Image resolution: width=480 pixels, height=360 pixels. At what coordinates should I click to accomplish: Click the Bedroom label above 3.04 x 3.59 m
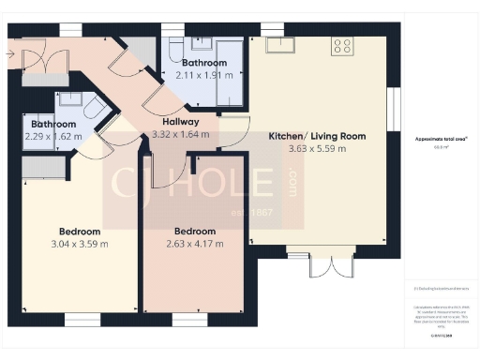pos(79,232)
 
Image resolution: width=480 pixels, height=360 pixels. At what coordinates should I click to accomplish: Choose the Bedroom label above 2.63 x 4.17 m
pos(194,231)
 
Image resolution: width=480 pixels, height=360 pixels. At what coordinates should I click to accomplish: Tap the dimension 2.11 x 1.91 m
pos(203,74)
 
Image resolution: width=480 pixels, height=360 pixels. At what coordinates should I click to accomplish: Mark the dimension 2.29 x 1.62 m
pos(52,136)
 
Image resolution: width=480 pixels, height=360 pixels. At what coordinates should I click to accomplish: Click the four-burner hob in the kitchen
pos(342,44)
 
